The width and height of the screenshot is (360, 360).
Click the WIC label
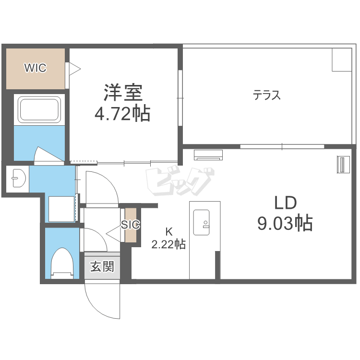point(36,68)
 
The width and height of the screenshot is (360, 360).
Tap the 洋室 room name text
point(123,93)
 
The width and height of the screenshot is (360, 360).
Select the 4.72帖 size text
point(122,113)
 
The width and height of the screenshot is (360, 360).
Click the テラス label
point(266,95)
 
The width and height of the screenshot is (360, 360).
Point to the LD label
point(286,203)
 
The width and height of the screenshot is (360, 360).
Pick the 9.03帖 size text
point(285,223)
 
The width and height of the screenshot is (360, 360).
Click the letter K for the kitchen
point(169,232)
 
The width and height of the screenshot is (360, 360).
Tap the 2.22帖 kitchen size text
point(168,244)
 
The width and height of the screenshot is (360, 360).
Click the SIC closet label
point(131,225)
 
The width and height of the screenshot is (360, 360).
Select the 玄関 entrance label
point(102,266)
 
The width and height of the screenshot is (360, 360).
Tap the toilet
point(62,264)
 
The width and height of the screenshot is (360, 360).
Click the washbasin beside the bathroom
point(19,178)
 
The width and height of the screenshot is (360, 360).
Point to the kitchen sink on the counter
point(201,222)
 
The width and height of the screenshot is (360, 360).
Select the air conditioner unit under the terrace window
point(208,155)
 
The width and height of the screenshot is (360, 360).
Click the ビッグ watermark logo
point(180,182)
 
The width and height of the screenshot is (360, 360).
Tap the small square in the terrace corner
point(342,60)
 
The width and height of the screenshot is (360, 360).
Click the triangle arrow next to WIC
point(75,69)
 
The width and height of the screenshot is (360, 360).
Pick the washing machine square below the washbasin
point(61,209)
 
